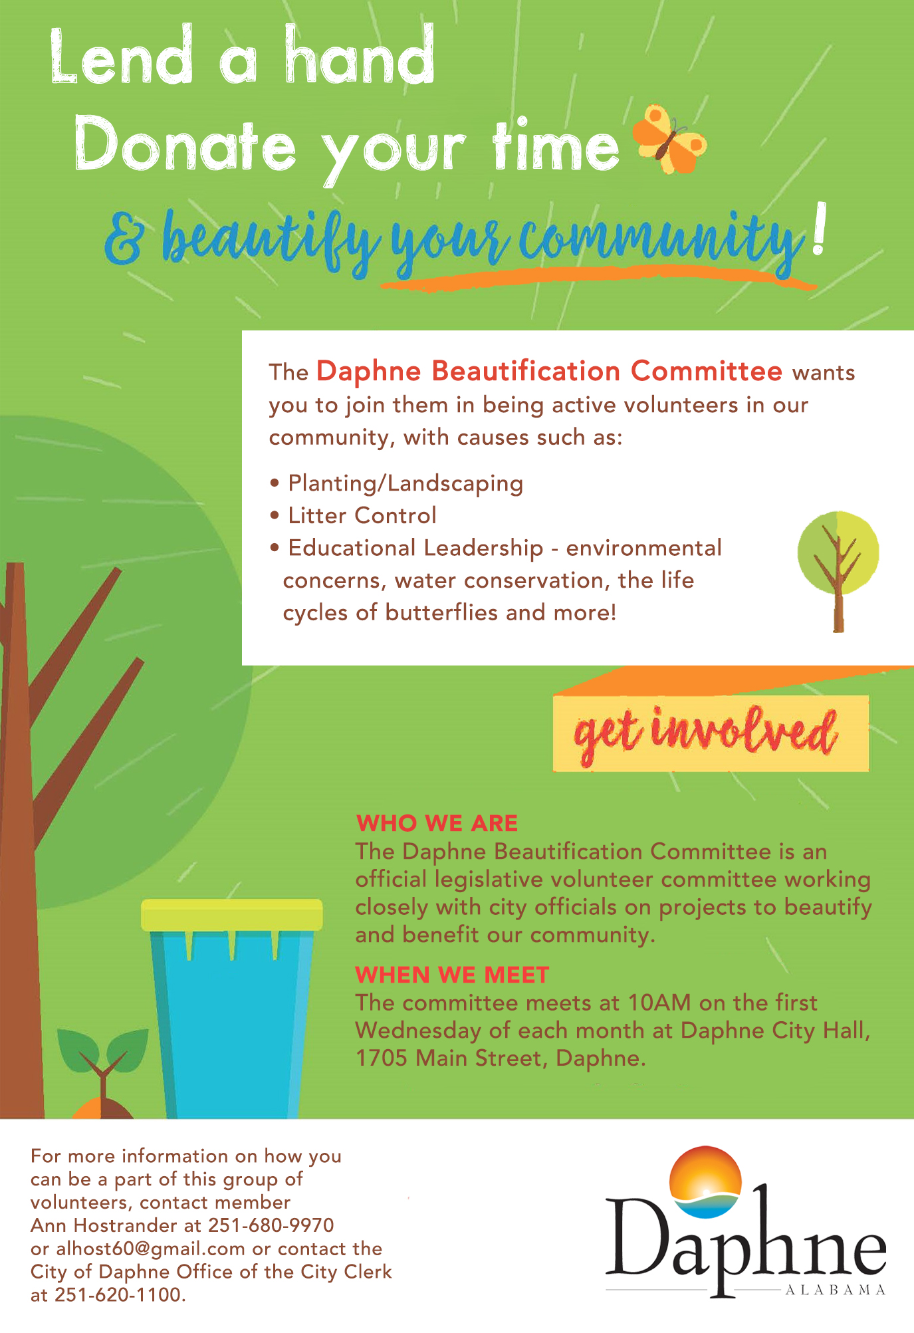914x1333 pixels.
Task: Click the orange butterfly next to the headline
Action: pos(669,139)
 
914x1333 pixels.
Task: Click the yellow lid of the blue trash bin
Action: pos(231,915)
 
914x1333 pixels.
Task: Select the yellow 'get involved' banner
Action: pos(711,733)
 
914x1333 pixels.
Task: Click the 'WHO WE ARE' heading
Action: pos(437,823)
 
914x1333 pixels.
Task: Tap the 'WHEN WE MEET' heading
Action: pos(452,975)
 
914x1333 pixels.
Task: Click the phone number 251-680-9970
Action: pos(271,1225)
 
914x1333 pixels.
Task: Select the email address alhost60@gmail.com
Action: pos(150,1249)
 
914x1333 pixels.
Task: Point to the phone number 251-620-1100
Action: pos(120,1294)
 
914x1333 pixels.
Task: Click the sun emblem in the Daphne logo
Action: pos(705,1181)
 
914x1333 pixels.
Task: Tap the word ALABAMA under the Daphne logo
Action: pos(836,1290)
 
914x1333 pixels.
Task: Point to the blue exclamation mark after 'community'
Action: pos(820,230)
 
